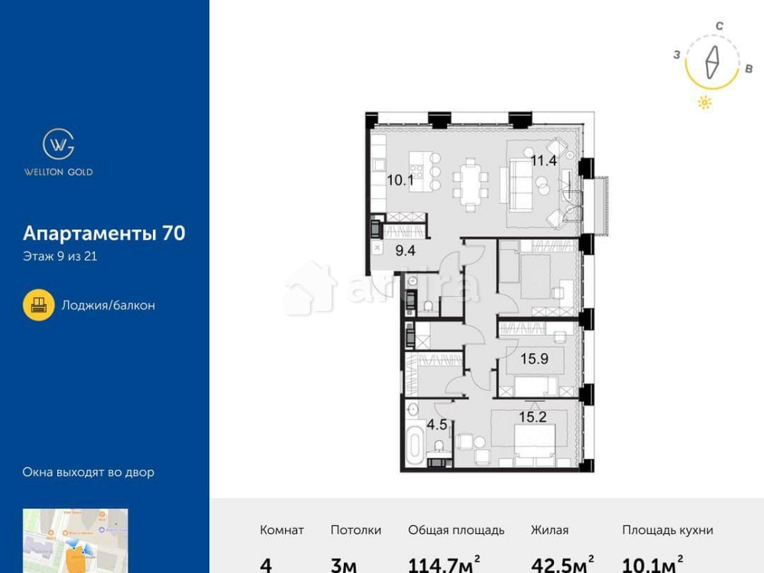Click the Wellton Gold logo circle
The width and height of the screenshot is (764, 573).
(x=58, y=144)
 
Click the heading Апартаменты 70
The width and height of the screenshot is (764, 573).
(x=104, y=233)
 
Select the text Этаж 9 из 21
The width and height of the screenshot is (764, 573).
(x=60, y=257)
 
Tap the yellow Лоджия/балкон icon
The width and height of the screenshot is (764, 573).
(x=38, y=305)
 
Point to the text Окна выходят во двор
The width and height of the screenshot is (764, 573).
(x=88, y=472)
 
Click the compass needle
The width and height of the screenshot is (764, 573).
(x=713, y=63)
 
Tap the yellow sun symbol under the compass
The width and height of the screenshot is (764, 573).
(x=704, y=103)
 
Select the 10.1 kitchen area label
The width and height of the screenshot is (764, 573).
(x=400, y=181)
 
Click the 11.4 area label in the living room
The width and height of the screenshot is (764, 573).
(x=544, y=160)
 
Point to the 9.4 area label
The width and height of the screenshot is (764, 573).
(x=405, y=248)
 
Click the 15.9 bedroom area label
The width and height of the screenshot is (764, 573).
(x=533, y=357)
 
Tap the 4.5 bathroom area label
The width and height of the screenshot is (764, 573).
(x=436, y=424)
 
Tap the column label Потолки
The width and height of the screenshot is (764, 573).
(x=356, y=529)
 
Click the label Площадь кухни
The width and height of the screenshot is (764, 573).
(x=667, y=529)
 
